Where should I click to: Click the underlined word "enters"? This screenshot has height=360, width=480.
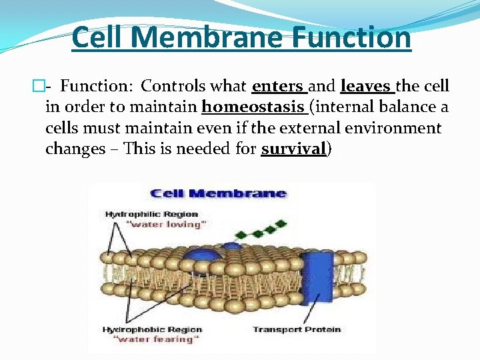(x=279, y=87)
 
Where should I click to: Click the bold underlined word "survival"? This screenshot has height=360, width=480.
(x=293, y=149)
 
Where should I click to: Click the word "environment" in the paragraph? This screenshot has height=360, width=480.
(x=402, y=128)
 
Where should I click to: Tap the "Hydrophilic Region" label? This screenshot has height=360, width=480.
(x=152, y=215)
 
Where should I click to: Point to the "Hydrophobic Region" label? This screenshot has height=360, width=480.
(x=152, y=329)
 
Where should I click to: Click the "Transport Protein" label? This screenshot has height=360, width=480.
(x=297, y=329)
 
